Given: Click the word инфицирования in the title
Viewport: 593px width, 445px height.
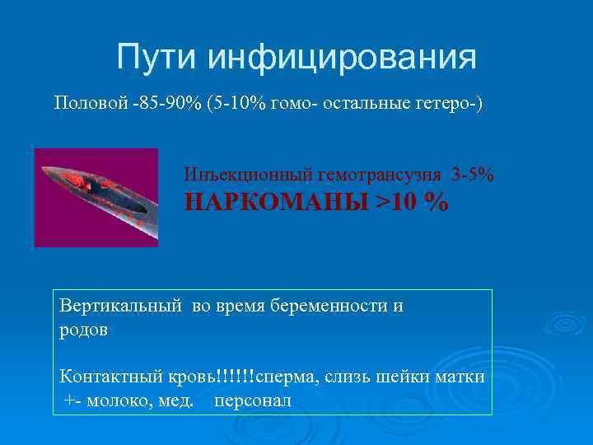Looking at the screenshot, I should point(341,59).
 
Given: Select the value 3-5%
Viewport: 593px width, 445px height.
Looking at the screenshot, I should point(473,176).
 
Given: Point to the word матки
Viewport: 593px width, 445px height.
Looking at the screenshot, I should point(460,377).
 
